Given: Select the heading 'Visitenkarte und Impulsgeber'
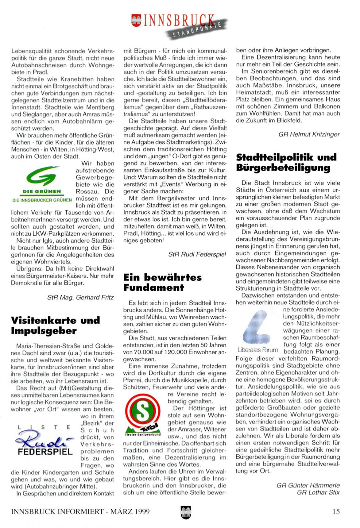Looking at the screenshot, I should [56, 326].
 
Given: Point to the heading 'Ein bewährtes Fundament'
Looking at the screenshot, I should [162, 282].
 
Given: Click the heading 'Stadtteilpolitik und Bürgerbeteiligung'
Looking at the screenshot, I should [286, 162].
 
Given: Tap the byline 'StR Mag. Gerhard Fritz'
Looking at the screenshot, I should [80, 297].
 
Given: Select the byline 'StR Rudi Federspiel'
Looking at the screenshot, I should [197, 254].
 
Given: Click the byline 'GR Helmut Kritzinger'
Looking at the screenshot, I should [309, 134].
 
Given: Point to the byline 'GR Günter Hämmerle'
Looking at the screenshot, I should [308, 485].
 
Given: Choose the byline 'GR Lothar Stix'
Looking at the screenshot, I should [318, 492].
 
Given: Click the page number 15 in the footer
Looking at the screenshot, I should [336, 511].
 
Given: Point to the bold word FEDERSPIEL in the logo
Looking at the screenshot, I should [45, 452].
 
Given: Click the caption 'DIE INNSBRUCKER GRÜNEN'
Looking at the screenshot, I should [42, 200].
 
